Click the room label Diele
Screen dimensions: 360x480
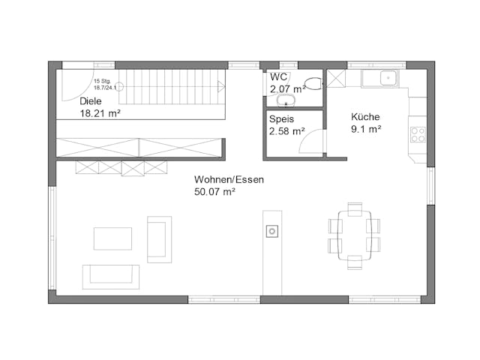[91, 100]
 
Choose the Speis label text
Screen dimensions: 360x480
[282, 118]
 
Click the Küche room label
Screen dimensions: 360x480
[365, 117]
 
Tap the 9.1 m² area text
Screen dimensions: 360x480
[367, 129]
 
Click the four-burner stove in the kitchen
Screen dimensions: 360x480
[418, 135]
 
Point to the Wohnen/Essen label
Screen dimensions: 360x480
[229, 180]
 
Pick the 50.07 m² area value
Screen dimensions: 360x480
[215, 192]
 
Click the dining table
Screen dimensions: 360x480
[353, 235]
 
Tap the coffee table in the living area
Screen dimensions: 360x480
[112, 238]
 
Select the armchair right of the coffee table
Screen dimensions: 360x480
[159, 239]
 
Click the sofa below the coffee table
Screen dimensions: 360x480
[110, 276]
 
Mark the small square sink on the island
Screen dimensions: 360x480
[271, 231]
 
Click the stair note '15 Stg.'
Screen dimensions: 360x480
[102, 81]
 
